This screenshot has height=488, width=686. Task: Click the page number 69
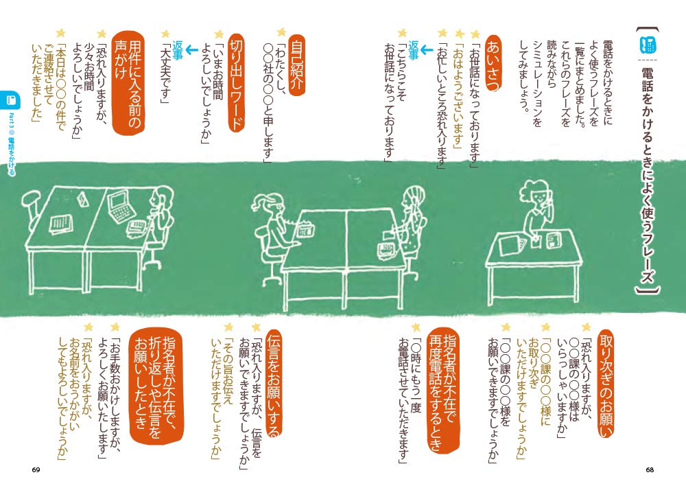coord(36,469)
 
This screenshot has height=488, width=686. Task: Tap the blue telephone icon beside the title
coord(647,45)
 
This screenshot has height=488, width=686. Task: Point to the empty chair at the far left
coord(34,206)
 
